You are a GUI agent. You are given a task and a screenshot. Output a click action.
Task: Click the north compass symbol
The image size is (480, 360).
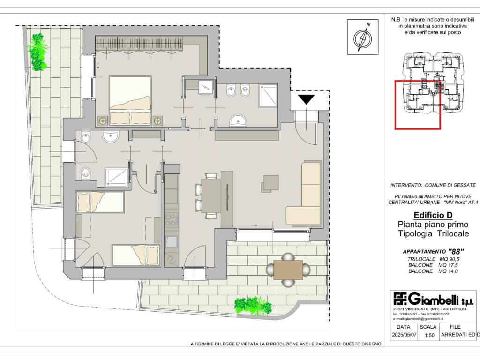(363, 37)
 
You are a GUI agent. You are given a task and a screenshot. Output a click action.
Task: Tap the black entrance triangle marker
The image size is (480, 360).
(307, 99)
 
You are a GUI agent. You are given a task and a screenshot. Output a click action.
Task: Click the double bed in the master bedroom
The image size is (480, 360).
(130, 100)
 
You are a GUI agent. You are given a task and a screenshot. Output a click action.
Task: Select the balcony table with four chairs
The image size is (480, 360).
(288, 270)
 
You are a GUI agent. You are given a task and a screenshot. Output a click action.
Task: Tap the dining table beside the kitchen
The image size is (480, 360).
(211, 195)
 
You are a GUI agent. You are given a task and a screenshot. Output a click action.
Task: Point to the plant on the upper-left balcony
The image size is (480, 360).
(38, 52)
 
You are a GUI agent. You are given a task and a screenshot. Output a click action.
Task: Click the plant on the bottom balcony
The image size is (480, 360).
(253, 305)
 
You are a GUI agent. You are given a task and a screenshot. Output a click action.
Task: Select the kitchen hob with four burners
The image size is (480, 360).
(171, 219)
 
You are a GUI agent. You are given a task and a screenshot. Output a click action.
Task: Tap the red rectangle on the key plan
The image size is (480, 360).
(418, 105)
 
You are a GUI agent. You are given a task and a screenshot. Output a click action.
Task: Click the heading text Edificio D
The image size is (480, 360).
(433, 215)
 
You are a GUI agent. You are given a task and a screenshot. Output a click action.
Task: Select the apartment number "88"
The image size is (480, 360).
(456, 252)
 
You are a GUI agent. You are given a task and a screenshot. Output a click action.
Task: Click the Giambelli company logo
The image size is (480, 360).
(433, 299)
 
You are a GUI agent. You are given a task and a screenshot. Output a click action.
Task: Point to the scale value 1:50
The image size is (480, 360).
(429, 335)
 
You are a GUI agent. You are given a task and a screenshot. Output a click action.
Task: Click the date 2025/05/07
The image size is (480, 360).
(404, 335)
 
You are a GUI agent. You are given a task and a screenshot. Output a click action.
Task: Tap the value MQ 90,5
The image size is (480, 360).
(449, 259)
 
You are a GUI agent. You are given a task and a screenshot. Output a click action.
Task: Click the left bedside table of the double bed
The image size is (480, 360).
(102, 121)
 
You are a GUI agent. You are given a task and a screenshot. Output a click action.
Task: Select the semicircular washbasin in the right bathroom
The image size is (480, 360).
(238, 120)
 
